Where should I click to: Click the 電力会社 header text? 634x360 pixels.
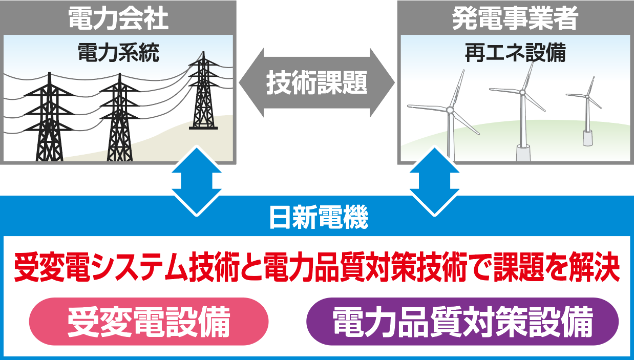tap(118, 18)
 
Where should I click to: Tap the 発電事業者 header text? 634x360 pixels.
tap(515, 18)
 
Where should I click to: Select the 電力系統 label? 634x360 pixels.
tap(118, 53)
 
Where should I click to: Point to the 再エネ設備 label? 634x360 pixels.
tap(515, 53)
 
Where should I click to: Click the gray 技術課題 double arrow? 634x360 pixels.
tap(316, 82)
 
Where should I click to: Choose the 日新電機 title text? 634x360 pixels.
tap(319, 217)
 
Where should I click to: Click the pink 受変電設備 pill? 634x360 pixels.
tap(149, 321)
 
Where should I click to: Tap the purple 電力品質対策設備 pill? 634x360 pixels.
tap(462, 321)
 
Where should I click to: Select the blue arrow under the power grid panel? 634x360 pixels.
tap(197, 181)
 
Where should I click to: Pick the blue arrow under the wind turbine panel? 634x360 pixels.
tap(434, 181)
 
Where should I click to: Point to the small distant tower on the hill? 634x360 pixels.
tap(203, 91)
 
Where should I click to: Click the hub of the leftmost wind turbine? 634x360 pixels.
tap(450, 110)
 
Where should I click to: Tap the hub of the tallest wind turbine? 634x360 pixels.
tap(522, 92)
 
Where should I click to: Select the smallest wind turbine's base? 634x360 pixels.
tap(587, 138)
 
